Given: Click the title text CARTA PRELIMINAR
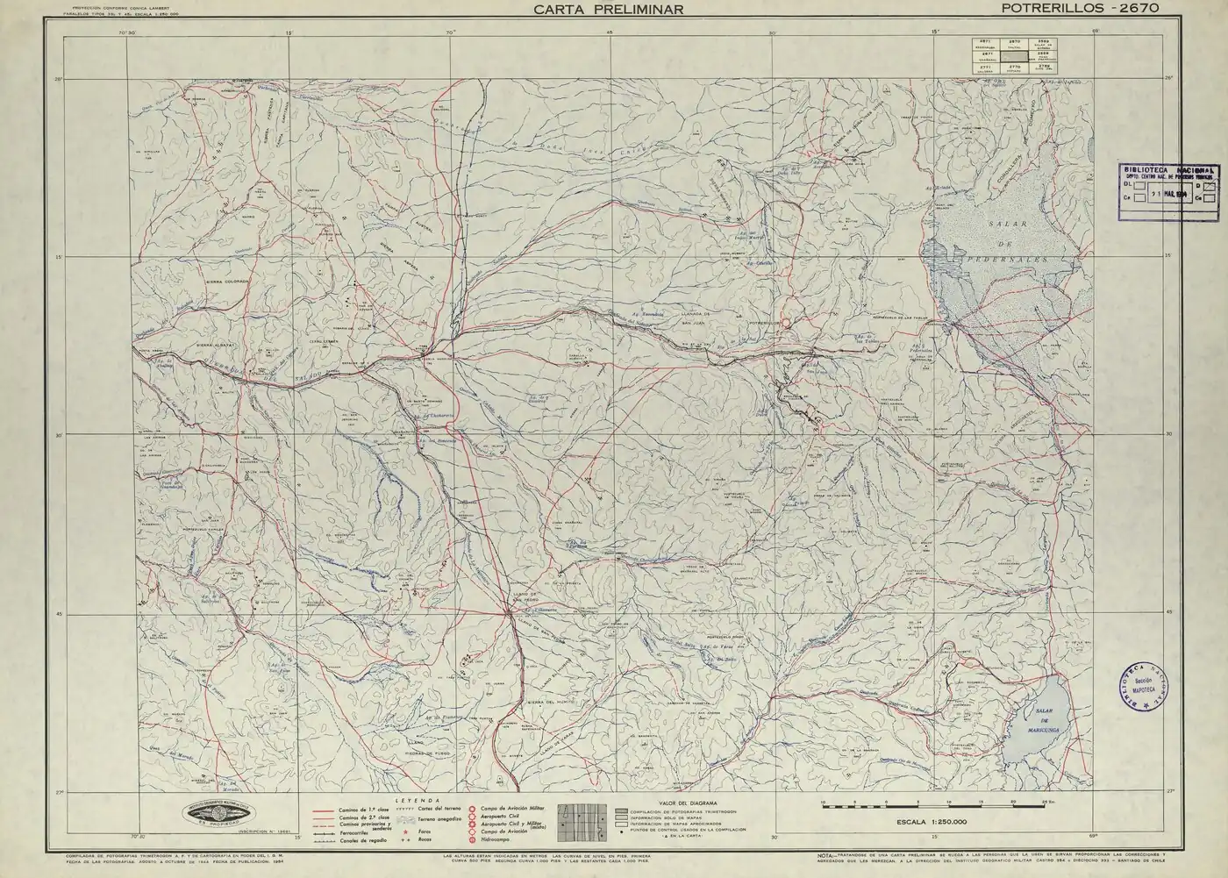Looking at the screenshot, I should pos(608,9).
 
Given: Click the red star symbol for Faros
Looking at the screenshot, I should pos(405,830).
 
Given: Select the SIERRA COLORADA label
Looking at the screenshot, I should pos(228,282).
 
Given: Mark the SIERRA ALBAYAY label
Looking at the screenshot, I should pos(205,346).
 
